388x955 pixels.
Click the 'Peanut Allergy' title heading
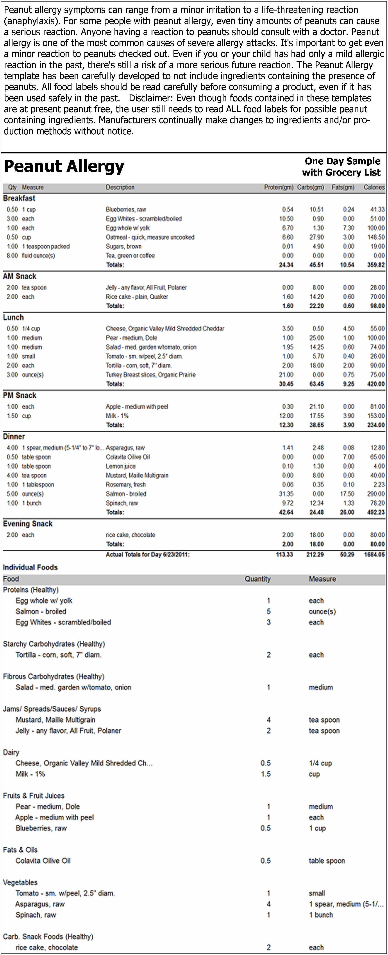[64, 166]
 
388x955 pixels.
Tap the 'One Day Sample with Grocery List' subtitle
[341, 167]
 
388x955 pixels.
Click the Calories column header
[374, 187]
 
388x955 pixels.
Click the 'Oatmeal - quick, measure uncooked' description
[150, 237]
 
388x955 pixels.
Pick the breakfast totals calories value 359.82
[376, 265]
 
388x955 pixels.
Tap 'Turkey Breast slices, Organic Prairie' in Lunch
[151, 375]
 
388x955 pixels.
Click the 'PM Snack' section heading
[20, 396]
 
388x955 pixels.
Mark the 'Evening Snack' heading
[28, 524]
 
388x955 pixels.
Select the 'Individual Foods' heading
[30, 568]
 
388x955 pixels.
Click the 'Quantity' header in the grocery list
[257, 579]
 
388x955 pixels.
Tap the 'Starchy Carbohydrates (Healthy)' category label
[54, 644]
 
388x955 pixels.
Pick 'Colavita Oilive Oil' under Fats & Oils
[43, 861]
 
